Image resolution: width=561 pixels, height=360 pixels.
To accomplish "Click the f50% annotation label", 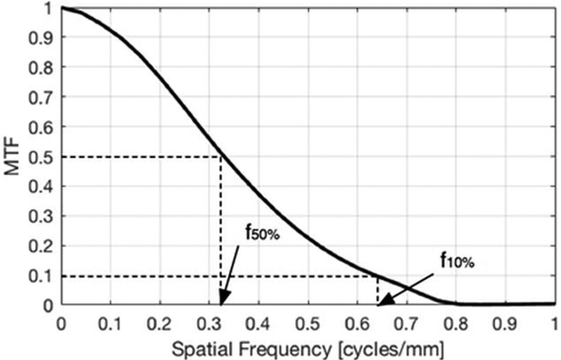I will point(262,233).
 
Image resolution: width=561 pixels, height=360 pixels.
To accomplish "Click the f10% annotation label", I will point(457,261).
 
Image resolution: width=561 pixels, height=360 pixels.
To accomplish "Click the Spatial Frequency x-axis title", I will point(307,347).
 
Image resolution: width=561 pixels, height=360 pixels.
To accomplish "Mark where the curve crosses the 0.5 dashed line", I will point(220,156).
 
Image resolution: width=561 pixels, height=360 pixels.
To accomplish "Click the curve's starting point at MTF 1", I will point(62,7).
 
